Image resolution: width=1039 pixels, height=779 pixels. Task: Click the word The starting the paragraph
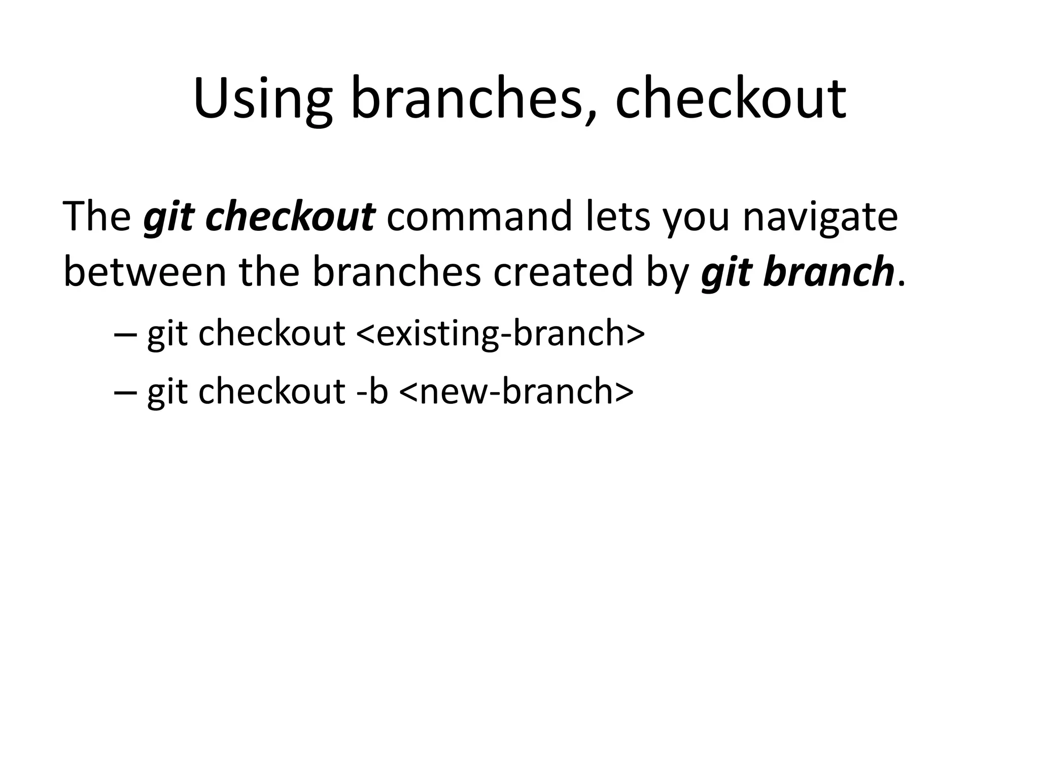(96, 217)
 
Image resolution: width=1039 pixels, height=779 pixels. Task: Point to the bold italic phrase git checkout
(259, 217)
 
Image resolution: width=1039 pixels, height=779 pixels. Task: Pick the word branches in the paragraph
(396, 272)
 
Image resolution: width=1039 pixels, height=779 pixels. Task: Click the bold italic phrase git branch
(797, 272)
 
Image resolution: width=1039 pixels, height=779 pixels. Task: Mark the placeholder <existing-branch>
(500, 334)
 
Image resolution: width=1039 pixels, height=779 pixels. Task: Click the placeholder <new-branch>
(516, 392)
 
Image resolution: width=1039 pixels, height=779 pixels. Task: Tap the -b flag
(372, 392)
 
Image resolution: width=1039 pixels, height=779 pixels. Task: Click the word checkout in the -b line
(272, 392)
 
